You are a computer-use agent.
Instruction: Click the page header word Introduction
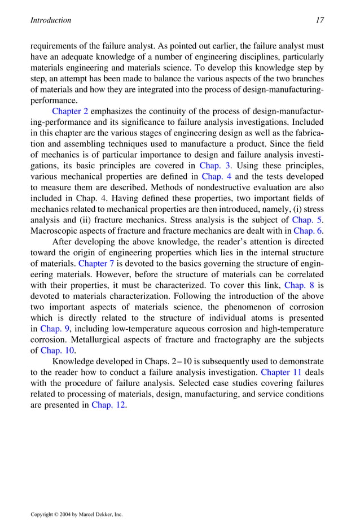(50, 20)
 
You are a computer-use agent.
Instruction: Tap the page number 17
(320, 20)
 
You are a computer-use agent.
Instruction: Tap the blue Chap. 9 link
(55, 329)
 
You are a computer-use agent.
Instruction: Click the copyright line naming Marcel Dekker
(77, 514)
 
